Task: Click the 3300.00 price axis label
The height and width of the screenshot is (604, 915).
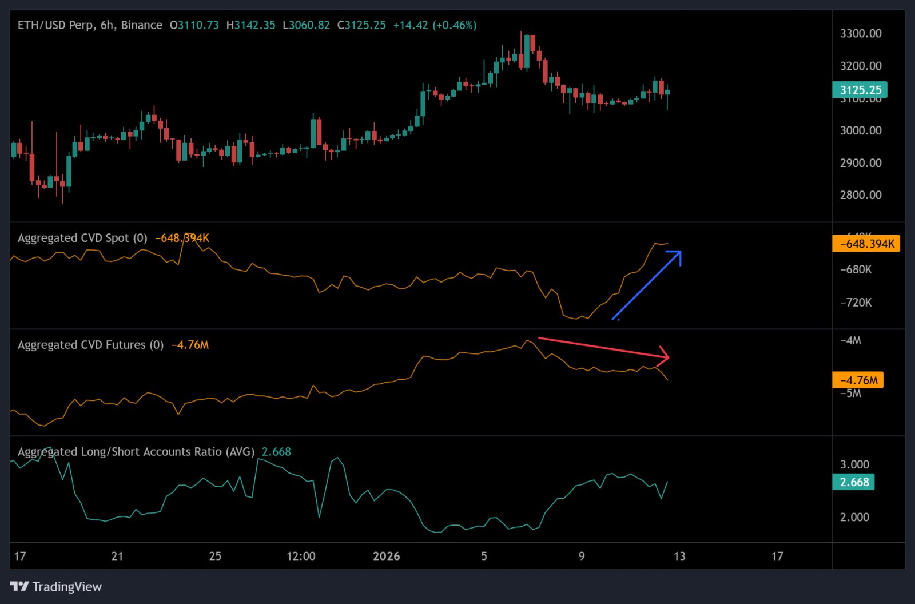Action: pos(860,34)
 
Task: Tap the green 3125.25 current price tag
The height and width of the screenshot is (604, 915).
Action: pos(860,90)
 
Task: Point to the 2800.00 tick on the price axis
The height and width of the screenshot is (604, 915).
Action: pos(860,195)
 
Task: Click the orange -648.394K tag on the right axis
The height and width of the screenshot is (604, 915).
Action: pos(866,244)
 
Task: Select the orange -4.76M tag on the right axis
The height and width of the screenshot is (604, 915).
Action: pos(858,380)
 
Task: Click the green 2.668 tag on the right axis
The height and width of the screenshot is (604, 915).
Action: pos(853,482)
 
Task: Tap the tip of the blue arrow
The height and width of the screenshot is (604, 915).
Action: pos(680,252)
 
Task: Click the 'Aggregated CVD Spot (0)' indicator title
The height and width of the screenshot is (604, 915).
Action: pos(82,238)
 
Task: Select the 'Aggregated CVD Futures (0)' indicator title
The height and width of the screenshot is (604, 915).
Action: pos(90,345)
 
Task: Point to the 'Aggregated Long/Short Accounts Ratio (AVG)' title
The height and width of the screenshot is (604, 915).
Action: pos(136,452)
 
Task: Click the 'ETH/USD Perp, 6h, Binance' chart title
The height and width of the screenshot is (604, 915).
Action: pos(90,25)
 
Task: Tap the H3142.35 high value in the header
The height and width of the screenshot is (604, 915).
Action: pos(250,25)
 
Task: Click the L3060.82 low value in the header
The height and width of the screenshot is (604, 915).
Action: pos(306,25)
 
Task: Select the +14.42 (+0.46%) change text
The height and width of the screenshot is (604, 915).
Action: pos(435,25)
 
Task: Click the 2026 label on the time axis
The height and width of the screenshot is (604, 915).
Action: pos(386,556)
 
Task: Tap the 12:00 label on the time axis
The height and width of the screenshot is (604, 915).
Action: pos(301,556)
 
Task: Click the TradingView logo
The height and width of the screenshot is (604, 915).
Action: pos(55,586)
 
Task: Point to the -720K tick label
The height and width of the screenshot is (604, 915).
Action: pos(856,303)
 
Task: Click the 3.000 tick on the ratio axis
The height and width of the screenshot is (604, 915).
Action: pos(854,464)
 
